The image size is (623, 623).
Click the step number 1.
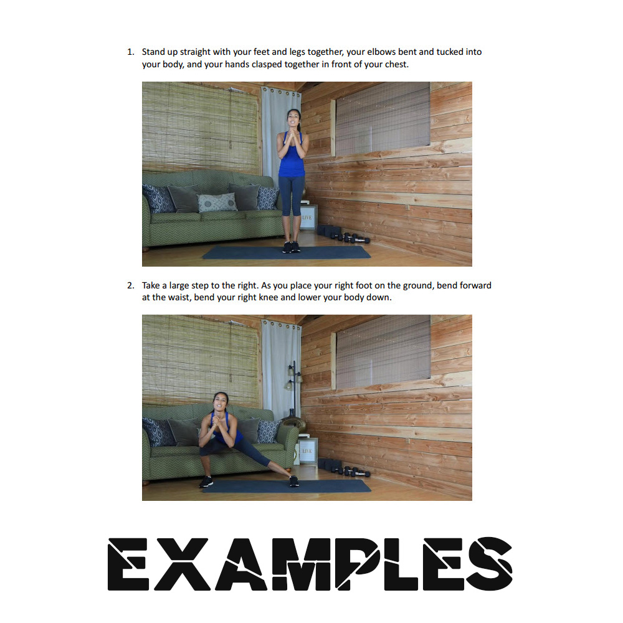point(130,52)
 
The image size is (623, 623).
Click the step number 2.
point(130,285)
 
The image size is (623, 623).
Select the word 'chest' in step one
point(396,64)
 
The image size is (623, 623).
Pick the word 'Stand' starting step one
point(153,52)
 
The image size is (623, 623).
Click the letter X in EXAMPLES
point(181,564)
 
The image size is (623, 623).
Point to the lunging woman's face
point(220,402)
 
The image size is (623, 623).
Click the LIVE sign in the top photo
point(308,217)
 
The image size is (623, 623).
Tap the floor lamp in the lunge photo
point(295,393)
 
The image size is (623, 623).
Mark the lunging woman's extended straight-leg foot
point(293,481)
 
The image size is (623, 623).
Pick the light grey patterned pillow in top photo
point(217,202)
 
